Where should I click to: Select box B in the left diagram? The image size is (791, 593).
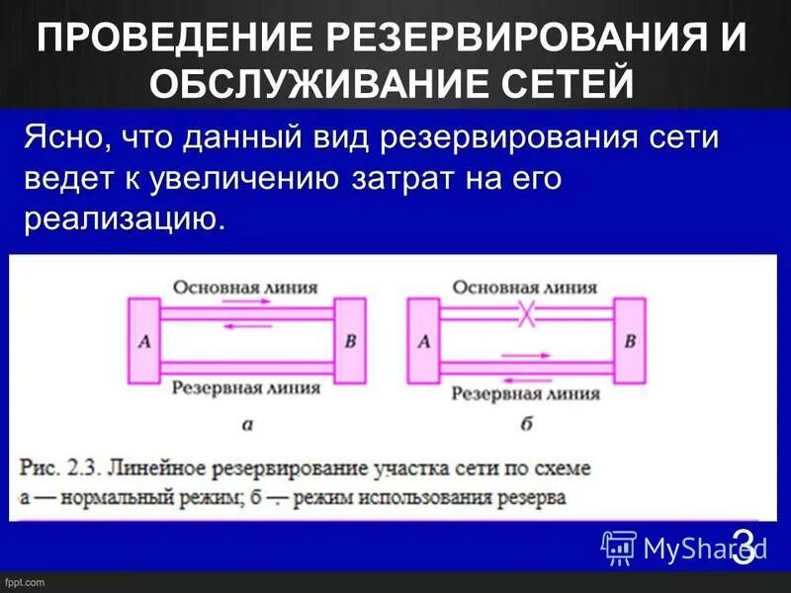pos(350,341)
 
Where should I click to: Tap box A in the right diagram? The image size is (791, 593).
pos(425,341)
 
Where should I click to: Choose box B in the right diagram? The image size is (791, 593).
pos(630,341)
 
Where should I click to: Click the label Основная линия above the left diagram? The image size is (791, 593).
pos(245,288)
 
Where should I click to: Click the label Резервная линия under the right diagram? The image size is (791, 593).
pos(526,392)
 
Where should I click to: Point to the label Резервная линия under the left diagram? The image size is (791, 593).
pos(246,387)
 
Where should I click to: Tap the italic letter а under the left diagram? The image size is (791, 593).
pos(247,425)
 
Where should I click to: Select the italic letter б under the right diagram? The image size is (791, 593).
pos(526,425)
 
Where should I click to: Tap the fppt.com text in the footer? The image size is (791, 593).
pos(25,583)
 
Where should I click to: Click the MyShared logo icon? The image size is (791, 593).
pos(619,547)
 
